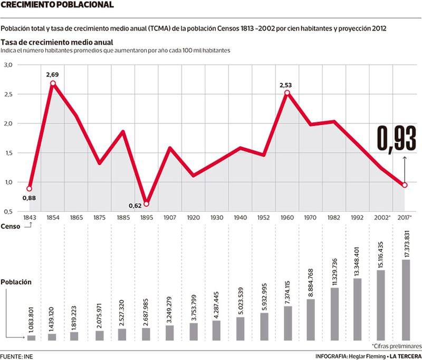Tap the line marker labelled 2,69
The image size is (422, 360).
click(x=53, y=83)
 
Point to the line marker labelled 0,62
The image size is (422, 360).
click(x=146, y=204)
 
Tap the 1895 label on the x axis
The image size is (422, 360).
click(x=146, y=217)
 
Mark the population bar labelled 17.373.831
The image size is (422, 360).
click(x=405, y=299)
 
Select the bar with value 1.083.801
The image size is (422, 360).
click(x=31, y=337)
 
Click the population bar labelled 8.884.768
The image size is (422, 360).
click(x=311, y=319)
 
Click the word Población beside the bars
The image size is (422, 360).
click(x=16, y=282)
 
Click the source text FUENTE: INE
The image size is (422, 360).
click(x=16, y=356)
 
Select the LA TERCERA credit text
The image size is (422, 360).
click(x=404, y=356)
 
